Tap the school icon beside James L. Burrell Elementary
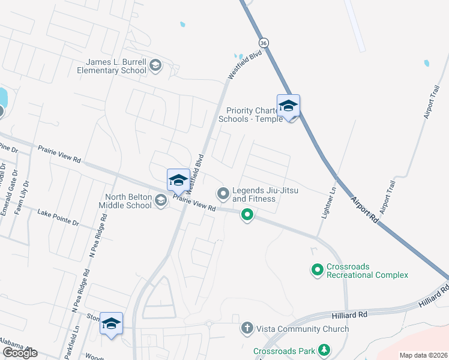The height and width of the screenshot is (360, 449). click(x=155, y=65)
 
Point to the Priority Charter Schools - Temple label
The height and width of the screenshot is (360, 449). click(x=251, y=115)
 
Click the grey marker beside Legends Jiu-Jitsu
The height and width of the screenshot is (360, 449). click(x=223, y=193)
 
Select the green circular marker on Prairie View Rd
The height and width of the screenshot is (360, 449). click(x=247, y=214)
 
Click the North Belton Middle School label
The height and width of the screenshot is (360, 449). click(x=128, y=201)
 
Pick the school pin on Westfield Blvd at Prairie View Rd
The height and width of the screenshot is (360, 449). click(x=178, y=180)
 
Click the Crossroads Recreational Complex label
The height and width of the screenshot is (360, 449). click(x=367, y=271)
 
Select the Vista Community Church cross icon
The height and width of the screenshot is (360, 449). click(x=246, y=328)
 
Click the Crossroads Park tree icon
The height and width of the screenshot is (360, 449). click(x=324, y=349)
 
